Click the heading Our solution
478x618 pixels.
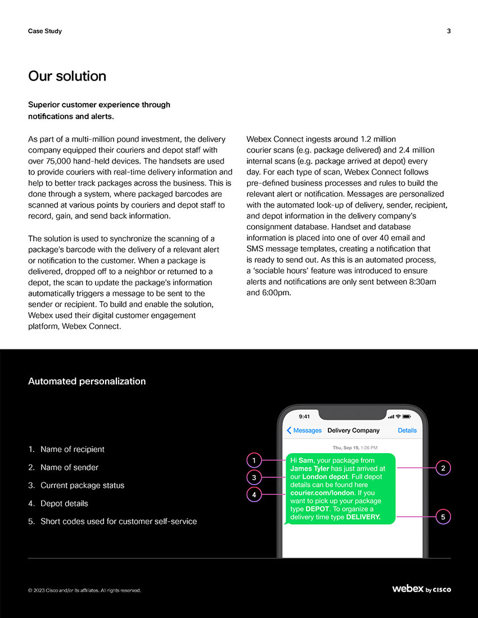pyautogui.click(x=67, y=76)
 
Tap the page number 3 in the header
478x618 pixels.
pyautogui.click(x=449, y=31)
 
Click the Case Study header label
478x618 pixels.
pyautogui.click(x=45, y=31)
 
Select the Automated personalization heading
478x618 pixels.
pyautogui.click(x=87, y=381)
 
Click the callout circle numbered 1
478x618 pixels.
pyautogui.click(x=254, y=460)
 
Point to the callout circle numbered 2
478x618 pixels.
pyautogui.click(x=443, y=468)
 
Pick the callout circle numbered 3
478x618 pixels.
pyautogui.click(x=254, y=477)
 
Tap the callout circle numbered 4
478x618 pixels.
pyautogui.click(x=254, y=495)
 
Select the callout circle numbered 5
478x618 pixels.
pyautogui.click(x=443, y=517)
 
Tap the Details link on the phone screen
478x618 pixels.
pyautogui.click(x=407, y=431)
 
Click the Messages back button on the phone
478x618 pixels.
pyautogui.click(x=304, y=431)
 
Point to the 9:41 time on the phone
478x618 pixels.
pyautogui.click(x=304, y=417)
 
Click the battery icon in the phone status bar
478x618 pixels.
pyautogui.click(x=407, y=417)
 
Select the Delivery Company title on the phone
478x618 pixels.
pyautogui.click(x=353, y=431)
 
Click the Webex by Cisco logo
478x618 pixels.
pyautogui.click(x=421, y=589)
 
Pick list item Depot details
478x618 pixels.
pyautogui.click(x=64, y=503)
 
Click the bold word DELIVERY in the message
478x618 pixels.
pyautogui.click(x=363, y=517)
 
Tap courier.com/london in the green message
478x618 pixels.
pyautogui.click(x=322, y=492)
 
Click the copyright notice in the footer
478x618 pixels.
pyautogui.click(x=84, y=590)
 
